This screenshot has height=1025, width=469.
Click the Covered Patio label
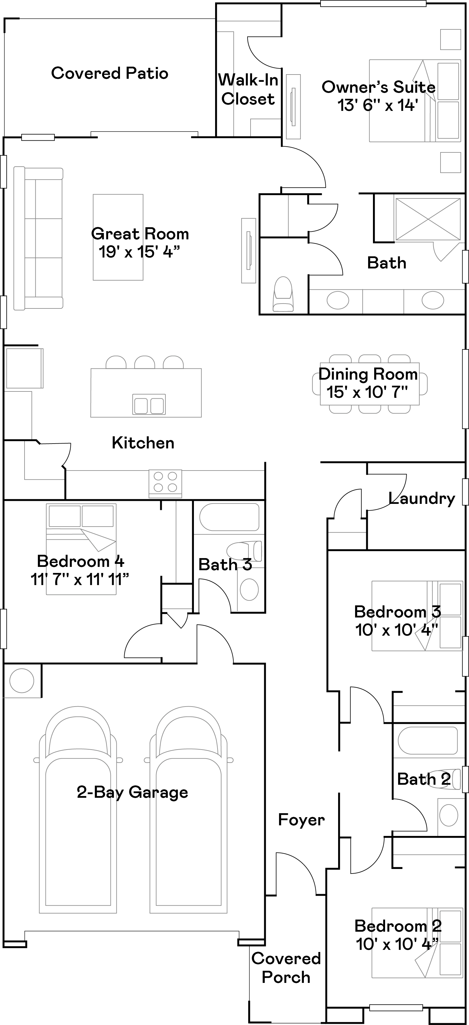tap(110, 73)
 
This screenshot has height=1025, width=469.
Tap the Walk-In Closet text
tap(248, 89)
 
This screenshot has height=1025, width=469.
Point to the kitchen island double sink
tap(149, 405)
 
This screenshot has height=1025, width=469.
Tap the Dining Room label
tap(368, 374)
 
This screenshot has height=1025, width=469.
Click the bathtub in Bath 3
tap(229, 517)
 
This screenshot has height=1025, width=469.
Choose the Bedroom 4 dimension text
tap(80, 579)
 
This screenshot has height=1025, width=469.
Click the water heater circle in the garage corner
tap(22, 681)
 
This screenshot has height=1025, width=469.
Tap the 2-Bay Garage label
tap(132, 792)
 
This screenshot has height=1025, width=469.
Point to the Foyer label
tap(301, 820)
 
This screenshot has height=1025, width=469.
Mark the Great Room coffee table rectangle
tap(118, 237)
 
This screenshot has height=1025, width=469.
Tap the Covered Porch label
tap(286, 968)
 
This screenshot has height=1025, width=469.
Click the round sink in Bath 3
tap(249, 589)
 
